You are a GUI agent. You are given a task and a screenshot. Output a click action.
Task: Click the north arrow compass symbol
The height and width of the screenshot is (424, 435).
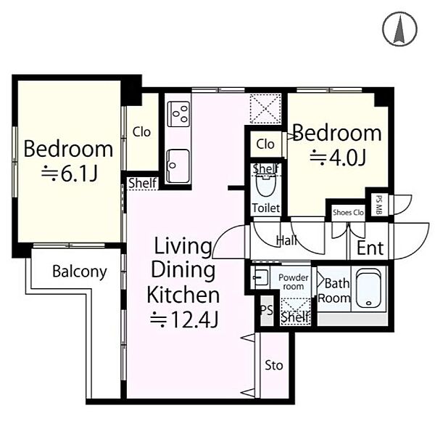pos(399,28)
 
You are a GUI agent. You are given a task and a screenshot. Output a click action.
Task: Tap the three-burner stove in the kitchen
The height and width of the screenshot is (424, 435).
pos(178,114)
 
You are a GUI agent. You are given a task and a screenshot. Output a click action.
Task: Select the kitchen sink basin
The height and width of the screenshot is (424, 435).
pos(178,166)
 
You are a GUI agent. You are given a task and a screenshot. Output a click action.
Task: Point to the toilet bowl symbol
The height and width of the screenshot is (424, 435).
pos(266,184)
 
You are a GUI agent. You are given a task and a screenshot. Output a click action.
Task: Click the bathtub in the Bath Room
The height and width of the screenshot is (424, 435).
pos(368,288)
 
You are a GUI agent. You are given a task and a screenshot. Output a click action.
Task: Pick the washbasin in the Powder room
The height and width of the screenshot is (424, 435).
pos(260,277)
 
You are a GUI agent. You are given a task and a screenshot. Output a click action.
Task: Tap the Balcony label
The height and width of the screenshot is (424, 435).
pos(80,272)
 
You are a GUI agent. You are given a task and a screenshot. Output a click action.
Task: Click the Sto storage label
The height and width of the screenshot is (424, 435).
pos(274,365)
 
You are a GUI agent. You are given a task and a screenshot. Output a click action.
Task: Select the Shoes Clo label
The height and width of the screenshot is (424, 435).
pos(348,213)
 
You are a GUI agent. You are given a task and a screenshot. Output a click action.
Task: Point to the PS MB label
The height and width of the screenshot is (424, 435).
pos(378,205)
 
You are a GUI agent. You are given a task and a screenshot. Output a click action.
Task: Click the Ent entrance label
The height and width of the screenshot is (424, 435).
pos(370,248)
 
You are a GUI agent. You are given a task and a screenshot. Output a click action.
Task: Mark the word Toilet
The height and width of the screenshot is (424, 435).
pos(266,208)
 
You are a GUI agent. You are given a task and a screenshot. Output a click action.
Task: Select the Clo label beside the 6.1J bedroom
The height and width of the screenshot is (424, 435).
pos(141,132)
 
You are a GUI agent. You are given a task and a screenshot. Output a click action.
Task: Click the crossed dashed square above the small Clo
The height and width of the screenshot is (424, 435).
pos(265,109)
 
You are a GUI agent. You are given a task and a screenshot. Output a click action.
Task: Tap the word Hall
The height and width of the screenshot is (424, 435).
pos(287,240)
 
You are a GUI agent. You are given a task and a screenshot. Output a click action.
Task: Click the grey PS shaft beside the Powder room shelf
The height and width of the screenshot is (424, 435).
pos(267,311)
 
